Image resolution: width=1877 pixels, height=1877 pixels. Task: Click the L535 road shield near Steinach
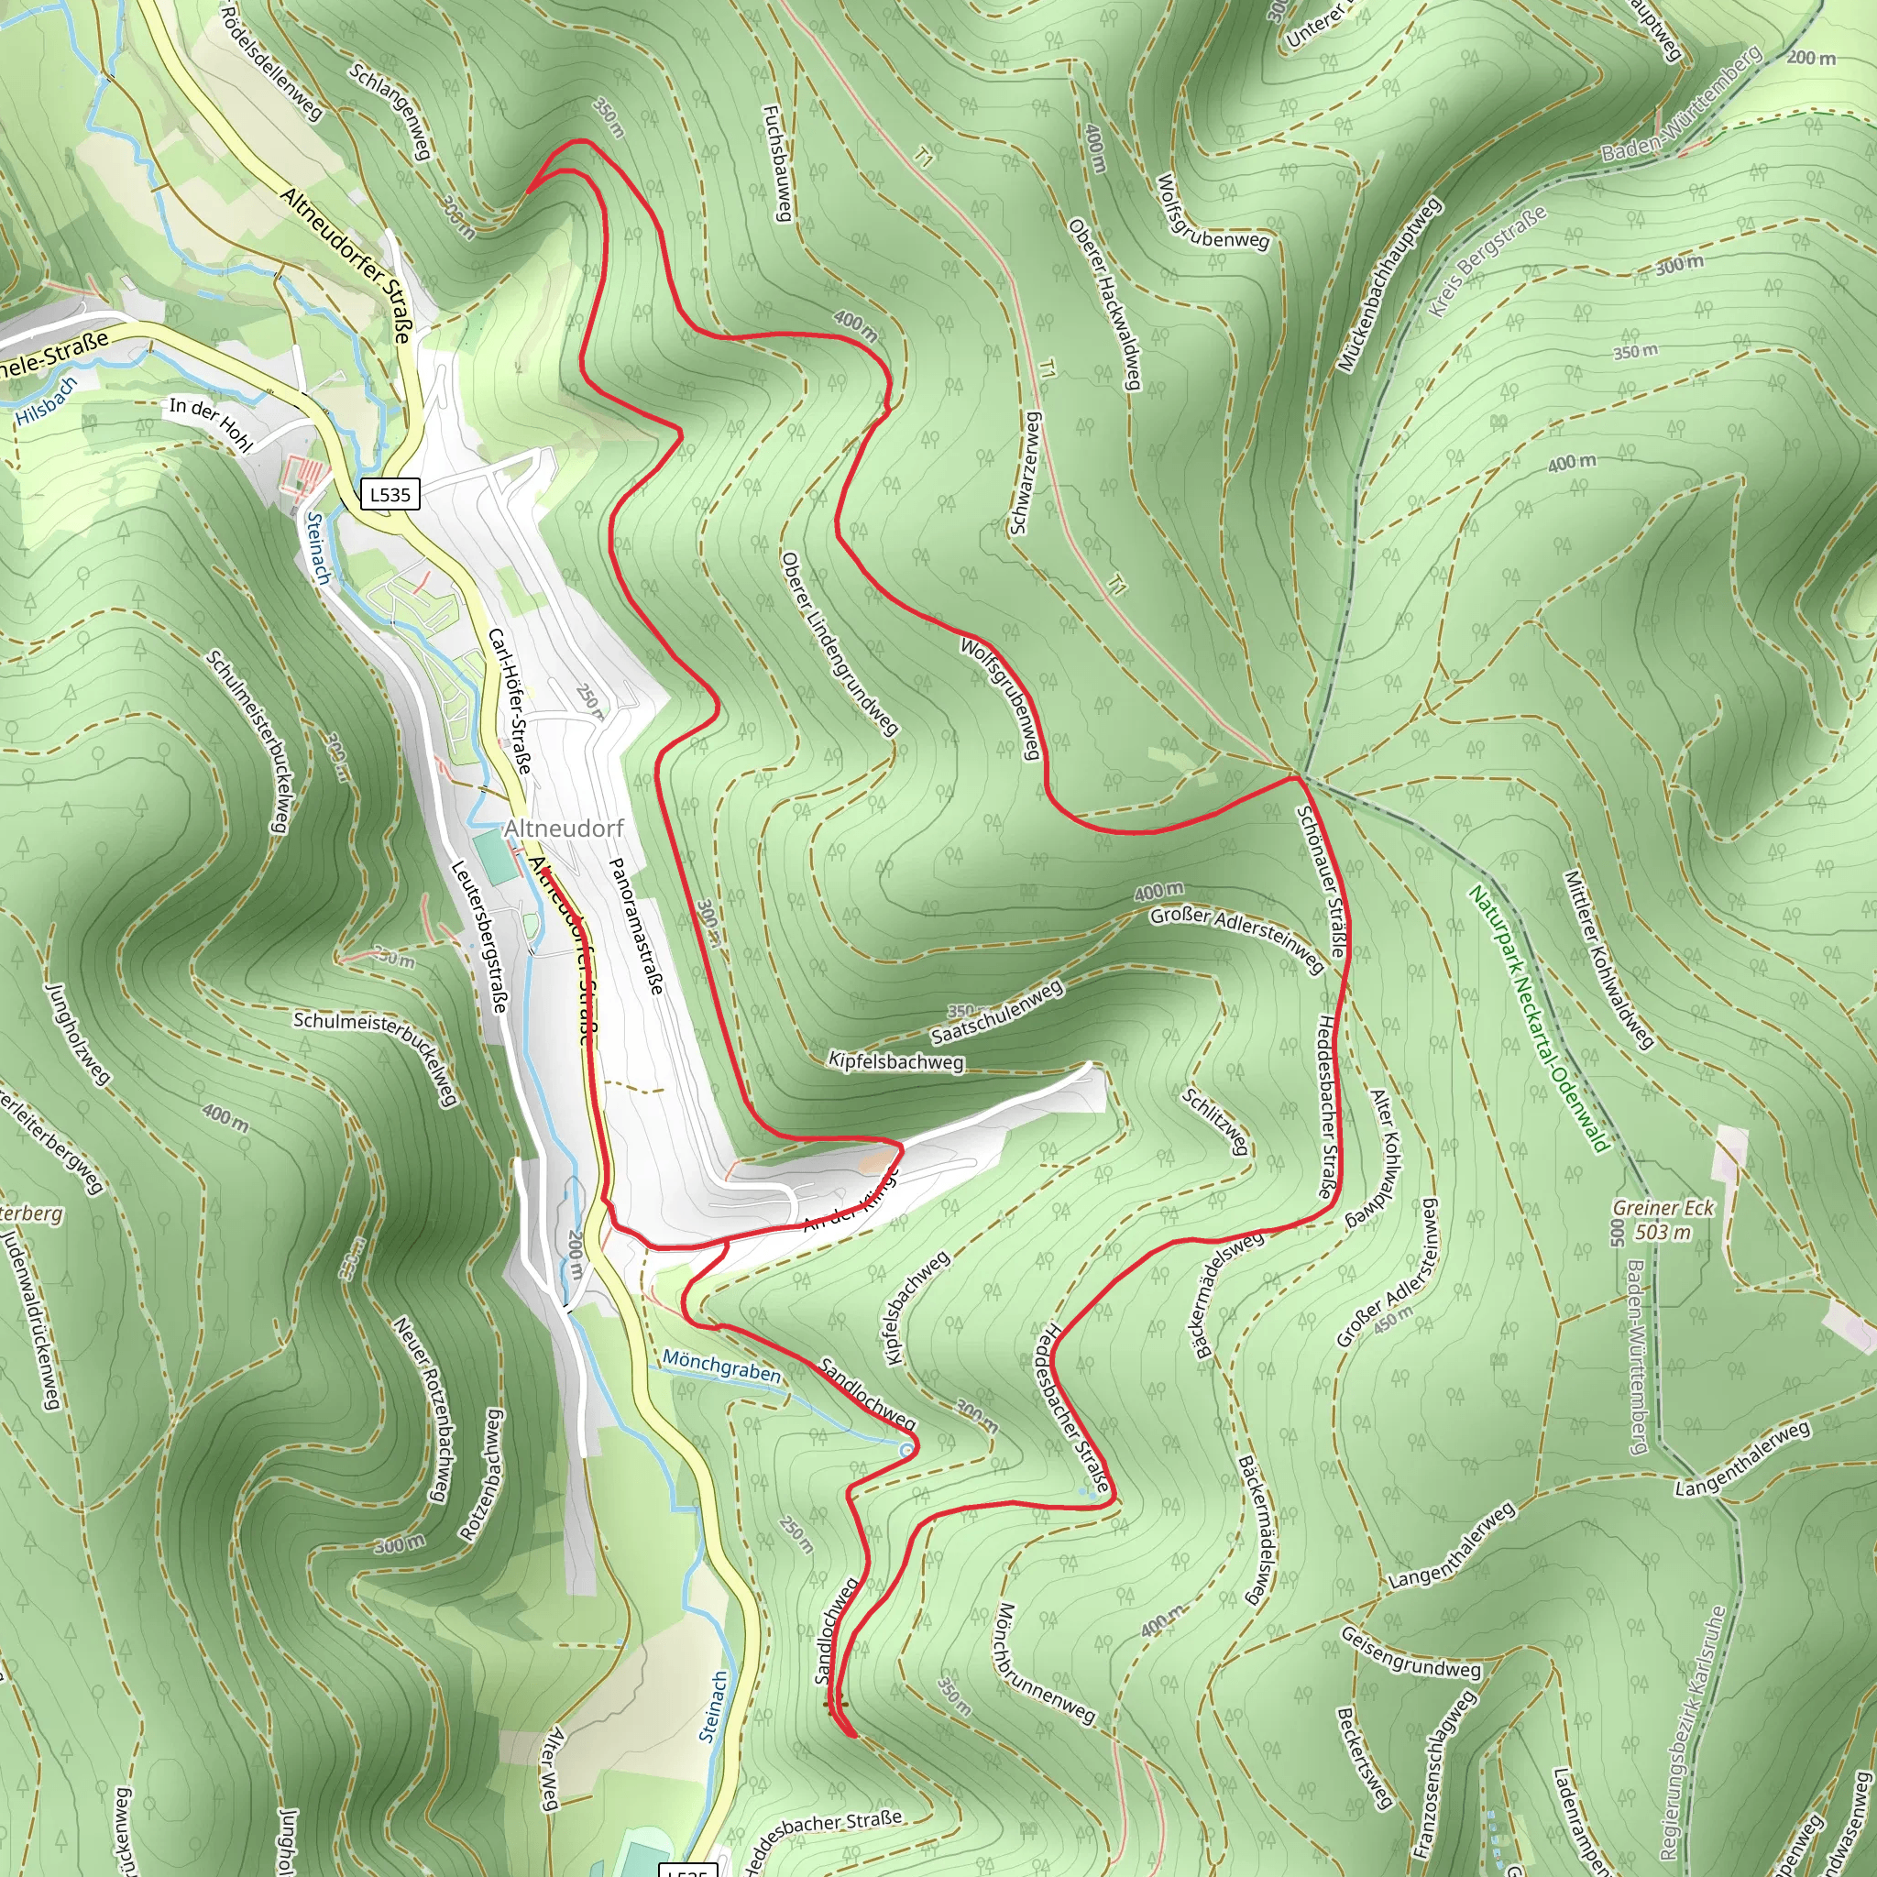[x=390, y=494]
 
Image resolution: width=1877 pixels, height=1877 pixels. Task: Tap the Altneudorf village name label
[x=564, y=829]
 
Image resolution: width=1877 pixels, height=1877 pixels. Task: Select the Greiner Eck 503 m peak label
[x=1663, y=1220]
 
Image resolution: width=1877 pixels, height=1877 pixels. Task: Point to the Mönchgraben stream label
[x=721, y=1366]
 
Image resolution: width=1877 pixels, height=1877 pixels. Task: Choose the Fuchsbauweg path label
[x=778, y=163]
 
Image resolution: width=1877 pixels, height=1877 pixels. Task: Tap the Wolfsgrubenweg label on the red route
[x=1001, y=697]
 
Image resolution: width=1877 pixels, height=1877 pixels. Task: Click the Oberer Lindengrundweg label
[x=840, y=643]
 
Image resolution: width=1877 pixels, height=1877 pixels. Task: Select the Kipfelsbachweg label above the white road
[x=895, y=1061]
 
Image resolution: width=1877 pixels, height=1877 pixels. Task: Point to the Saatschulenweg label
[x=998, y=1012]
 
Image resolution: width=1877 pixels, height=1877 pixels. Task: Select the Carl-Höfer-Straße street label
[x=509, y=700]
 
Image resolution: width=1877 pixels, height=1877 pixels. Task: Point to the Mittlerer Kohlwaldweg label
[x=1608, y=960]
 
